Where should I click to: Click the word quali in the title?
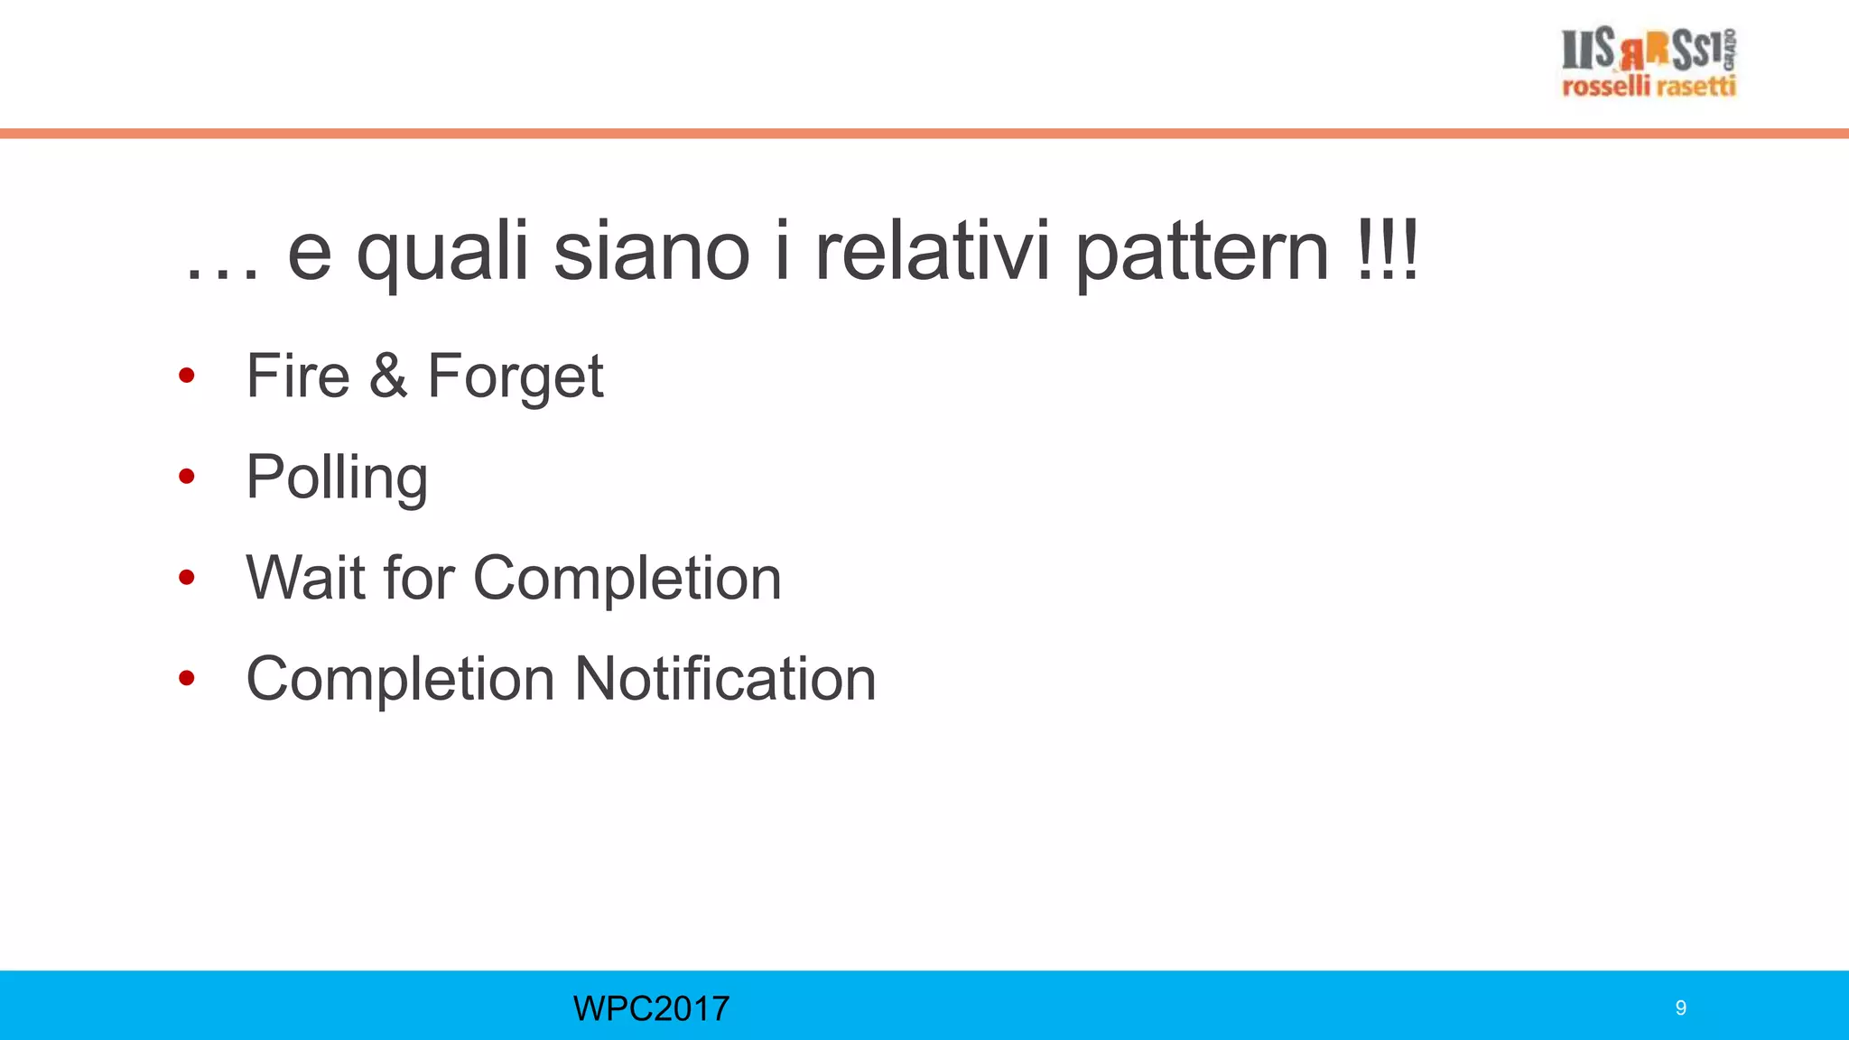click(x=442, y=254)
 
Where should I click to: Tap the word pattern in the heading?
click(x=1202, y=254)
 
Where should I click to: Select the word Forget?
click(x=515, y=377)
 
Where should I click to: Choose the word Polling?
click(x=337, y=478)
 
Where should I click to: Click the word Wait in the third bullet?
click(x=304, y=578)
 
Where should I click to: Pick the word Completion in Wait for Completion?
click(x=627, y=578)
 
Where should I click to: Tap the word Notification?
click(x=725, y=679)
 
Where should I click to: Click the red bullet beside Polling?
click(x=187, y=476)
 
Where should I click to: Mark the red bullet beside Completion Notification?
click(x=187, y=678)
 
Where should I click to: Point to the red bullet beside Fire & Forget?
click(x=187, y=375)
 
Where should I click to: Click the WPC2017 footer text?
click(x=651, y=1008)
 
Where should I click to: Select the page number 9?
click(x=1680, y=1008)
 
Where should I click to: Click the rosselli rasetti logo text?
click(x=1649, y=87)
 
